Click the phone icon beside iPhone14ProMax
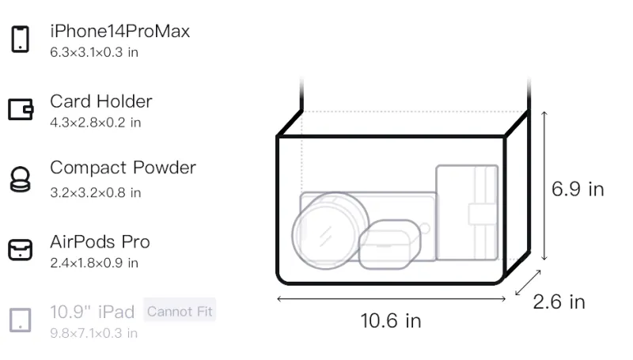21,39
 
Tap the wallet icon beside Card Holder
21,109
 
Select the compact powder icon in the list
20,179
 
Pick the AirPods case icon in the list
21,250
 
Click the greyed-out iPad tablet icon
21,320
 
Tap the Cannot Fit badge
180,311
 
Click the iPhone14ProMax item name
120,31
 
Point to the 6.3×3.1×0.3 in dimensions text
94,52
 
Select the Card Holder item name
101,101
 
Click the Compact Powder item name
123,168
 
